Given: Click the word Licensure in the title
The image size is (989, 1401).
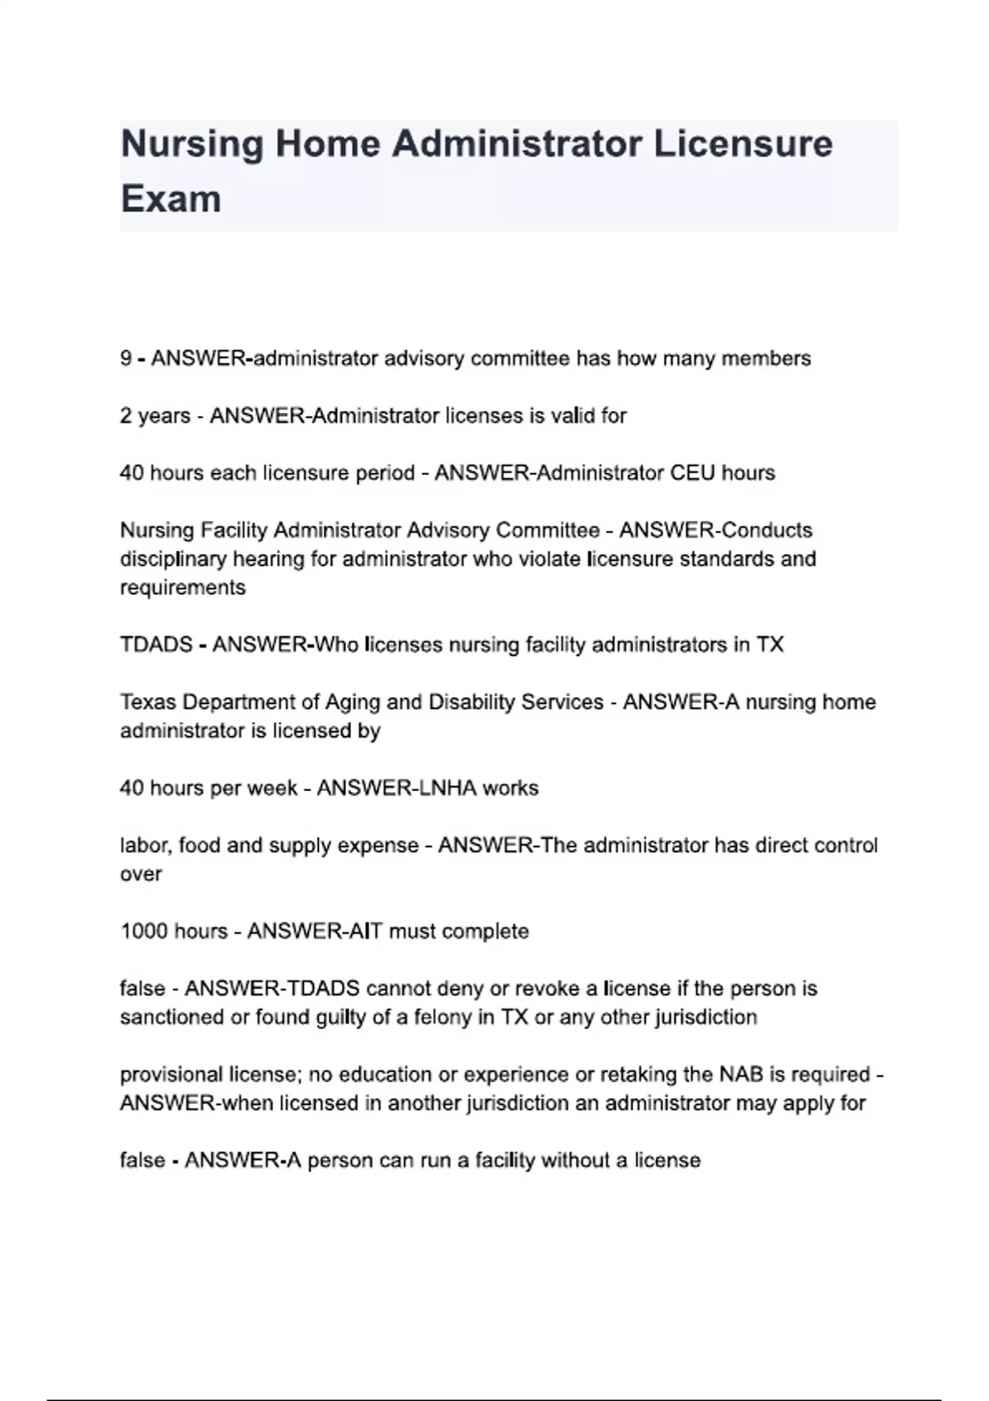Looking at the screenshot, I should pyautogui.click(x=743, y=144).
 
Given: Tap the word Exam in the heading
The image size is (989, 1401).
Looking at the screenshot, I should pyautogui.click(x=171, y=199).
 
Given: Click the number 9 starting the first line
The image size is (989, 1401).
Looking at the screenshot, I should pyautogui.click(x=126, y=358).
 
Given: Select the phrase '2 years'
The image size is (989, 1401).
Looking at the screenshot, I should pyautogui.click(x=155, y=416).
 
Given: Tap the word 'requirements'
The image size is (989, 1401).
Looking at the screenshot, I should pyautogui.click(x=182, y=588).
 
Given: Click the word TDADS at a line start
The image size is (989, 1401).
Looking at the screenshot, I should pyautogui.click(x=156, y=644).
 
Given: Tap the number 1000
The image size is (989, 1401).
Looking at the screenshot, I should pyautogui.click(x=144, y=931).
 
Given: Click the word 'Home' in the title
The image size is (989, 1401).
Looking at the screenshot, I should pyautogui.click(x=327, y=144).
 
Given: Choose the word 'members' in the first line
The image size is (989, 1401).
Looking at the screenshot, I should pyautogui.click(x=766, y=358).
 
